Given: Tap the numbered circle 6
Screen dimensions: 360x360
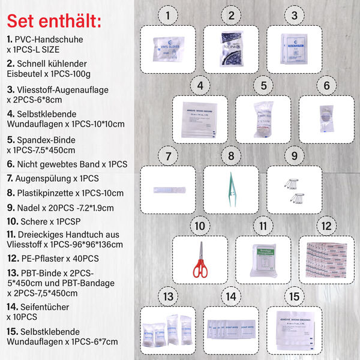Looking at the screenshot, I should tap(326, 86).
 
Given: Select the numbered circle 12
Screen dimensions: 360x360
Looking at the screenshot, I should tap(326, 227).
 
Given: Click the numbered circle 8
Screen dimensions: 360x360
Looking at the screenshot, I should tap(231, 157).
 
